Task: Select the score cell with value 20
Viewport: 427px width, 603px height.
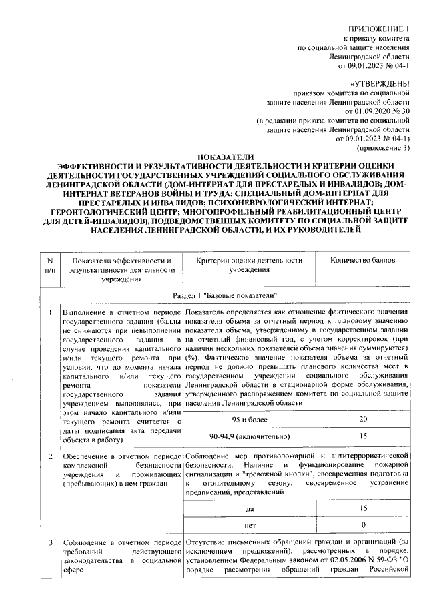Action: click(x=363, y=419)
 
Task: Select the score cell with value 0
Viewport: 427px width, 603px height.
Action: click(x=363, y=526)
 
